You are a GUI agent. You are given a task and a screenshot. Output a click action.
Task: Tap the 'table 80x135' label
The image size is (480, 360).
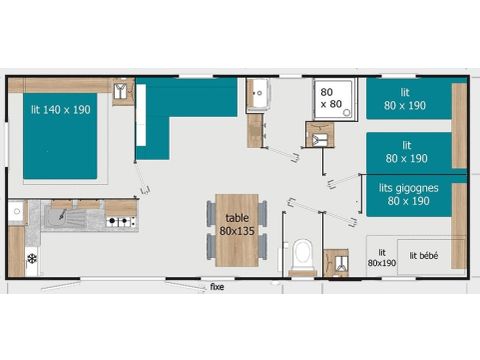(x=236, y=224)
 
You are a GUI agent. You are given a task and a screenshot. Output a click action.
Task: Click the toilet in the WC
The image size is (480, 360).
(x=301, y=255)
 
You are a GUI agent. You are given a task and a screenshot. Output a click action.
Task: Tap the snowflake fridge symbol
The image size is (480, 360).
(x=31, y=258)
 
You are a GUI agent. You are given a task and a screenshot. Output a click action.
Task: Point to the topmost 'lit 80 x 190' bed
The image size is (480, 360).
(x=408, y=100)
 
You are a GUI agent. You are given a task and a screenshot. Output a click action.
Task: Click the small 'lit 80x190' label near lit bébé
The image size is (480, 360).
(x=381, y=258)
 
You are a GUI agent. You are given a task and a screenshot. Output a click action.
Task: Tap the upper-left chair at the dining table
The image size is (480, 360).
(x=210, y=211)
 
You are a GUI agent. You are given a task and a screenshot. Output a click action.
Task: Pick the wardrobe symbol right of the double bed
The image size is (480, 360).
(x=122, y=93)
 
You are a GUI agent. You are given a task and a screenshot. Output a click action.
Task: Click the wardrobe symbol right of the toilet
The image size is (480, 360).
(x=336, y=262)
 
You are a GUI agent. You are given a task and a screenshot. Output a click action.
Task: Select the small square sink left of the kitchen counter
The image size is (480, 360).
(x=16, y=212)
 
